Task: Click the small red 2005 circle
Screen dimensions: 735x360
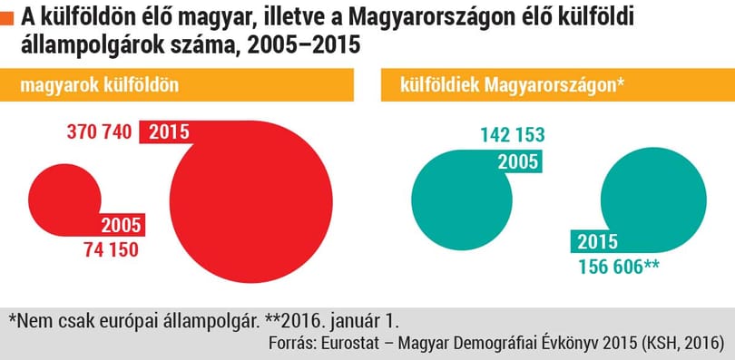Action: [64, 199]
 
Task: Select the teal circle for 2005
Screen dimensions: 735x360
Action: [462, 199]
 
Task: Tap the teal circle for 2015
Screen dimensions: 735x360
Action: [653, 199]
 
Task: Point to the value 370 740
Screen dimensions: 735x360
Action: [100, 132]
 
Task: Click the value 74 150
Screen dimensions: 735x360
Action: [112, 249]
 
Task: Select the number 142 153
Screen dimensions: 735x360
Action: [513, 135]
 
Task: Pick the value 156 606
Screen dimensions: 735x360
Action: [610, 268]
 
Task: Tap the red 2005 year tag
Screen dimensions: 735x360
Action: [122, 226]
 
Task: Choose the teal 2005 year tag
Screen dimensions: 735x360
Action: [518, 162]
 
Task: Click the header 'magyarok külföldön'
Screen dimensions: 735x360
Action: [100, 85]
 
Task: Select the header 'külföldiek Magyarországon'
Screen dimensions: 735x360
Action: [513, 85]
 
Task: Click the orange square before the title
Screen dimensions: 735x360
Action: [7, 19]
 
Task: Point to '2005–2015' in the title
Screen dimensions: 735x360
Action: [304, 46]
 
